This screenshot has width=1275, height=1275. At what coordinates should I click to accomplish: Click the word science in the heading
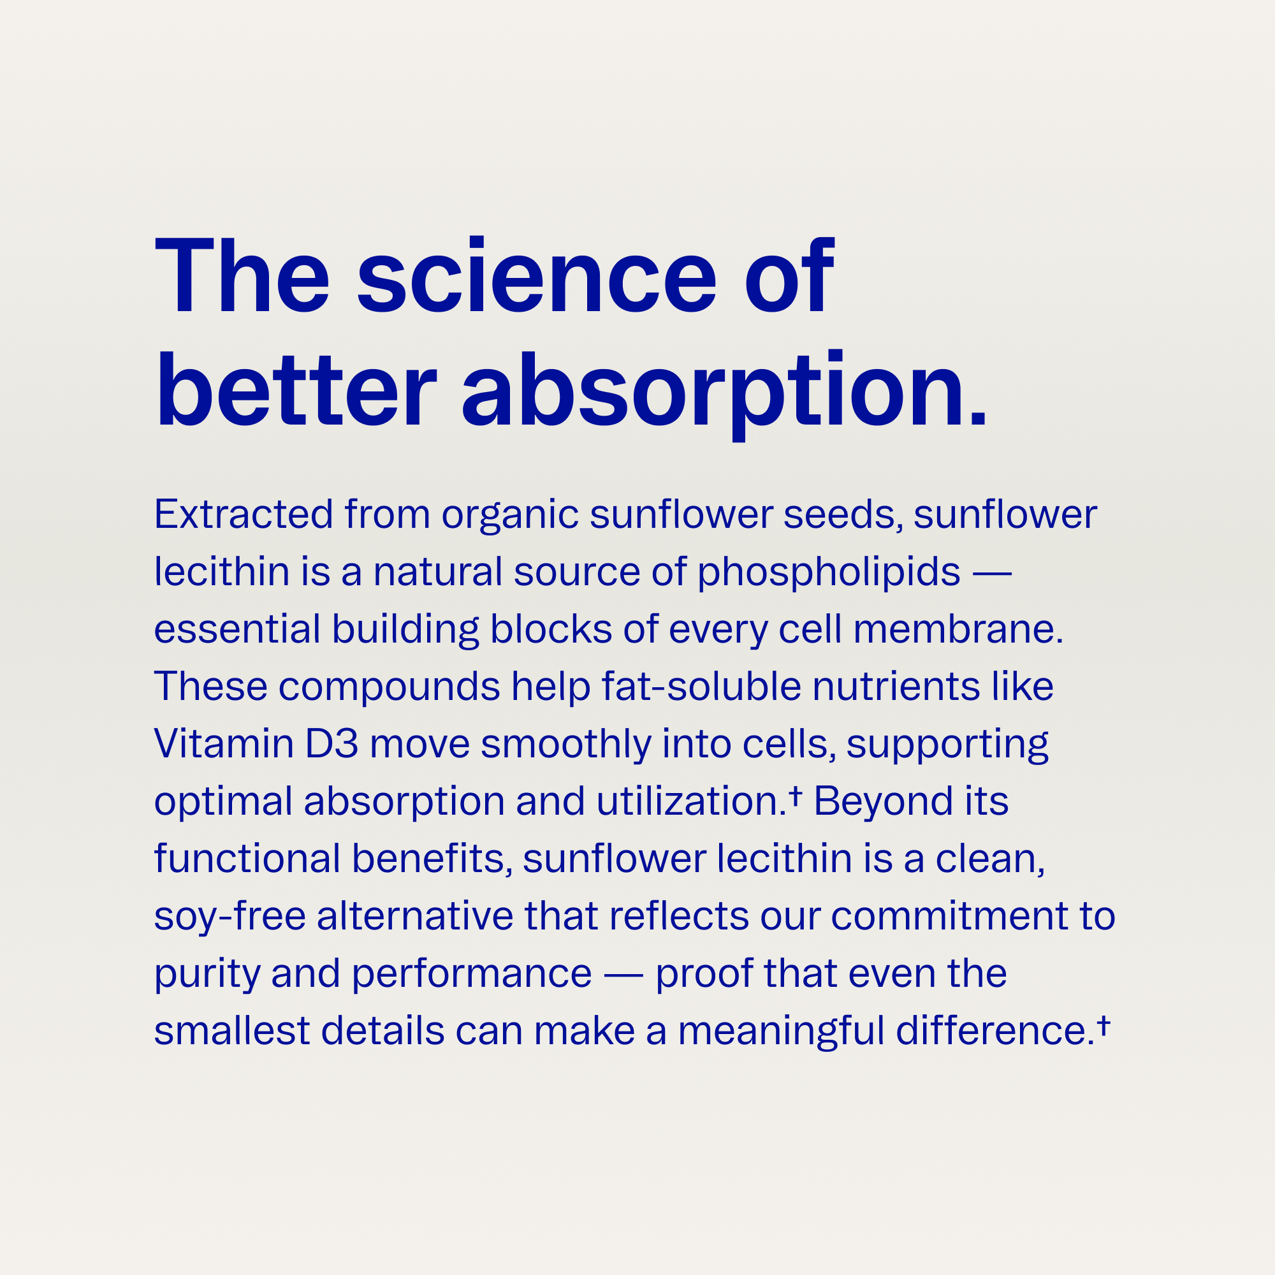pyautogui.click(x=537, y=275)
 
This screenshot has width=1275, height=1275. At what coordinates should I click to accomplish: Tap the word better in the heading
pyautogui.click(x=296, y=390)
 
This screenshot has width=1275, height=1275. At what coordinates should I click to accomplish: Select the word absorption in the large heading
pyautogui.click(x=716, y=395)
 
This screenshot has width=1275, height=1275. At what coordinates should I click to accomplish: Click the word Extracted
pyautogui.click(x=244, y=514)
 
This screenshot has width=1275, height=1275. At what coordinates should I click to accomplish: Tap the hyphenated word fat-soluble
pyautogui.click(x=701, y=687)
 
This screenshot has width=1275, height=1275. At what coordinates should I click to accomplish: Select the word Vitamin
pyautogui.click(x=224, y=744)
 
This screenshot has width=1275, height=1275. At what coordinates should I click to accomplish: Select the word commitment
pyautogui.click(x=949, y=916)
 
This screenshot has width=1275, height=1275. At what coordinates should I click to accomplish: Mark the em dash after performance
pyautogui.click(x=623, y=975)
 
